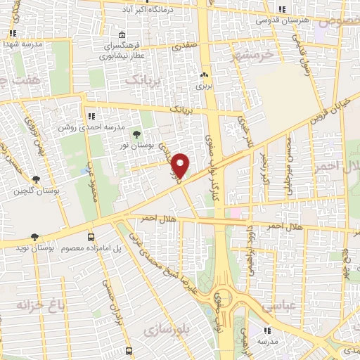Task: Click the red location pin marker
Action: coord(181,165)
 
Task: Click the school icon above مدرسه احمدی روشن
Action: coord(91,116)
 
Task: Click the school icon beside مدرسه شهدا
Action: coord(12,32)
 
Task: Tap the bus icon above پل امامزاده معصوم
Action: coord(91,237)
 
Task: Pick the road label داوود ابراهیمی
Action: coord(248,249)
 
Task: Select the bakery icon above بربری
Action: coord(204,75)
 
